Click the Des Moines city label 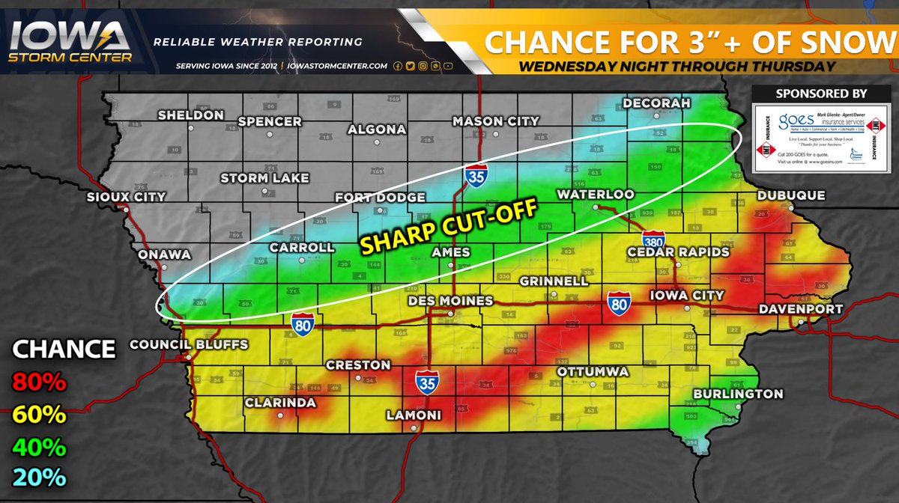pos(449,301)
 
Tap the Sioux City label pos(126,197)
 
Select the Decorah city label pos(656,103)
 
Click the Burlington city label pos(738,394)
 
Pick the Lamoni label pos(414,415)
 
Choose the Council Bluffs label pos(189,345)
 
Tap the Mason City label pos(496,121)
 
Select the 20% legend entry pos(40,477)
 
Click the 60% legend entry pos(40,414)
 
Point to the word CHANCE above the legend pos(64,348)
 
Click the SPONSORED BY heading pos(821,94)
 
